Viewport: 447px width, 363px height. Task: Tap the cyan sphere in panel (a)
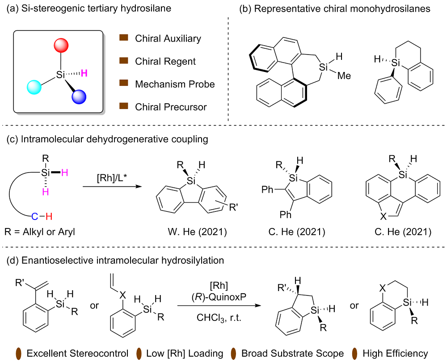coord(34,86)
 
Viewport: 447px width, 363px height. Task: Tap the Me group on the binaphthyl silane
coord(344,76)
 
